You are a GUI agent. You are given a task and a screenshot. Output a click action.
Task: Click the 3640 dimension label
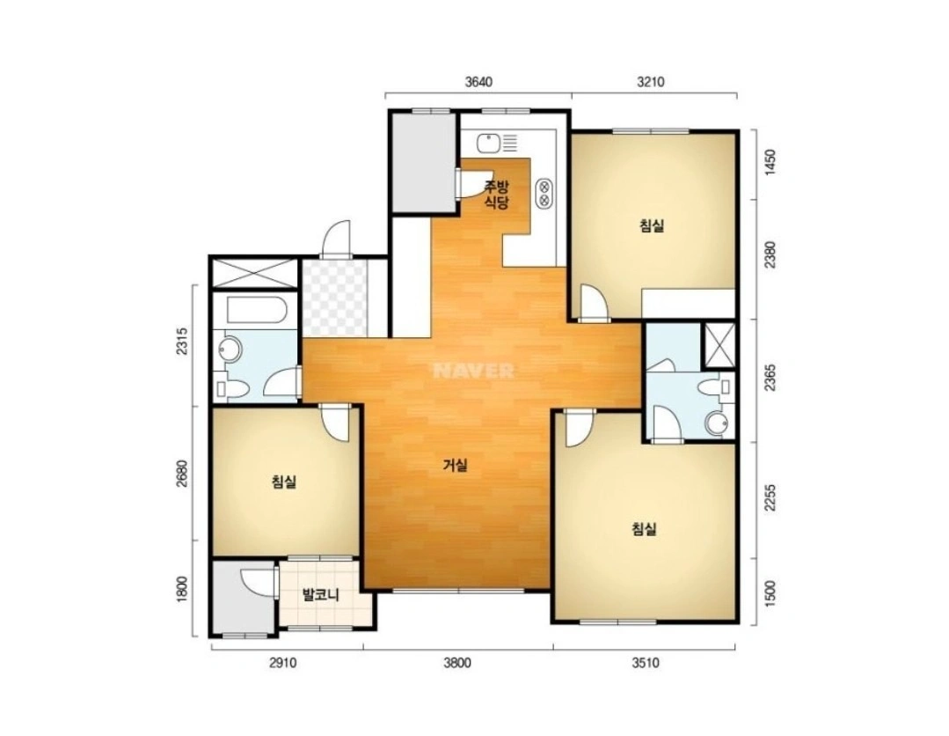point(478,81)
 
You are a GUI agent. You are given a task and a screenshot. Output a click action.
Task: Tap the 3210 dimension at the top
point(650,81)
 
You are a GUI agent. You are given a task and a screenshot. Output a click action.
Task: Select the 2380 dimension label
point(770,255)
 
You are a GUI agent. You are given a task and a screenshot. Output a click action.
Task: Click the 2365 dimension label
point(770,379)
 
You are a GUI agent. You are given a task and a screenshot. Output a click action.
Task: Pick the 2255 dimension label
point(770,498)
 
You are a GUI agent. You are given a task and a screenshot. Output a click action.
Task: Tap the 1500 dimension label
point(770,592)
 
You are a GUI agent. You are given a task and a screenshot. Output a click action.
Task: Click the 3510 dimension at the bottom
point(646,663)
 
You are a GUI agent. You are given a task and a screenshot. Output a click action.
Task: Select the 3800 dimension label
point(457,663)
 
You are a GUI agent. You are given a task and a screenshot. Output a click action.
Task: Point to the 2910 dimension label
point(282,663)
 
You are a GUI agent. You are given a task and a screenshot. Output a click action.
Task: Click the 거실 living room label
point(455,465)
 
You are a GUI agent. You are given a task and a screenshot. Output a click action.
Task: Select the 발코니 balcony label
point(321,595)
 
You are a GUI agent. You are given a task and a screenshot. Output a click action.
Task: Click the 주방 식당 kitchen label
point(496,195)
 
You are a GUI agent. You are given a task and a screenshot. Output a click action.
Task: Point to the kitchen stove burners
point(544,192)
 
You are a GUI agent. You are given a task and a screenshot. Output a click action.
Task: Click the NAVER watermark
point(473,371)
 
